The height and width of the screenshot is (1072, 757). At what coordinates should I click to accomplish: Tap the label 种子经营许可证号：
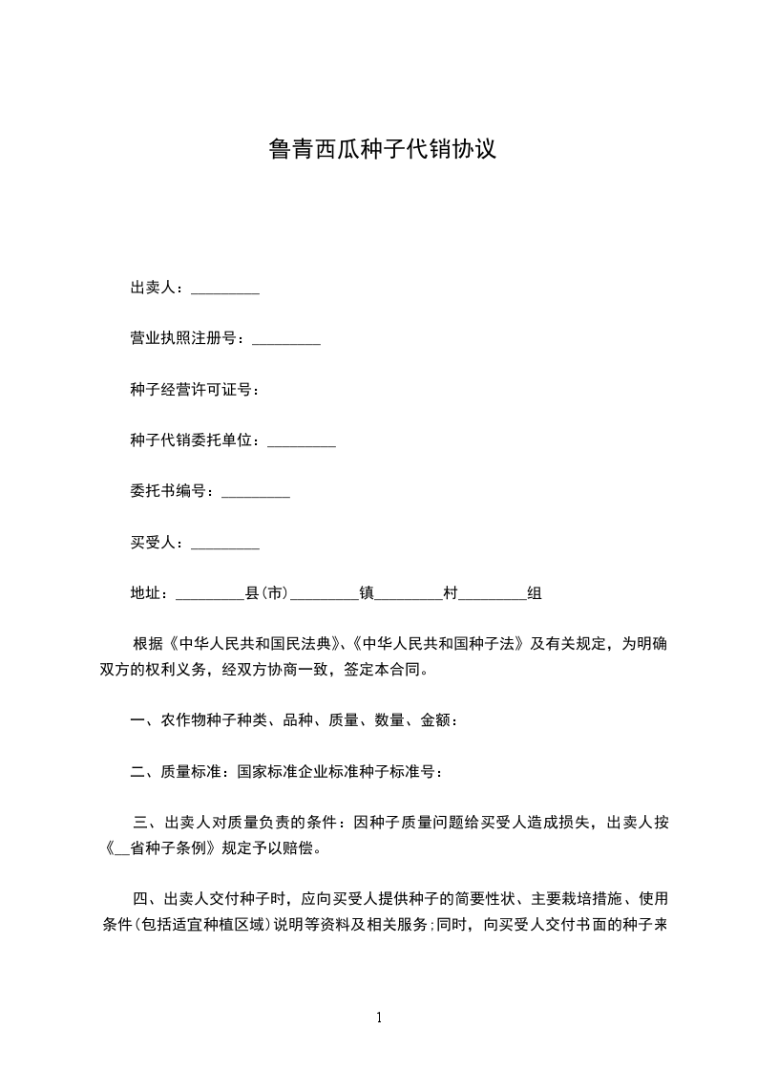point(195,390)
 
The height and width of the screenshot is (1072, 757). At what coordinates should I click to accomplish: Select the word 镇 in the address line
point(366,594)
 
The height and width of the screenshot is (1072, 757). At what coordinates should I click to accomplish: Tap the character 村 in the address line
point(451,594)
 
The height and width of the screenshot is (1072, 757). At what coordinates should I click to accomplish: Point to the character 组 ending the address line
point(535,594)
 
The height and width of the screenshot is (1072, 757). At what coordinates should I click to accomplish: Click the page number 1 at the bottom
point(379,1018)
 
